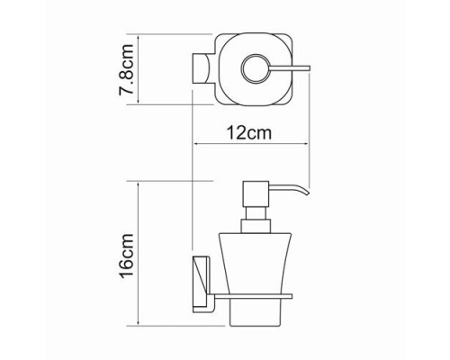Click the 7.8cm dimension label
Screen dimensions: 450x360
tap(126, 70)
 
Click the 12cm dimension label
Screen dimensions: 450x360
tap(249, 132)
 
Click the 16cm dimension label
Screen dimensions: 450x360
tap(127, 256)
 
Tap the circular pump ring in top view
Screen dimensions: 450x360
tap(256, 68)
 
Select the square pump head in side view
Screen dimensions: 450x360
tap(256, 193)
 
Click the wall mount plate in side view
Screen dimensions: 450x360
tap(202, 283)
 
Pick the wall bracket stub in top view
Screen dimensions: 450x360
tap(200, 68)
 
